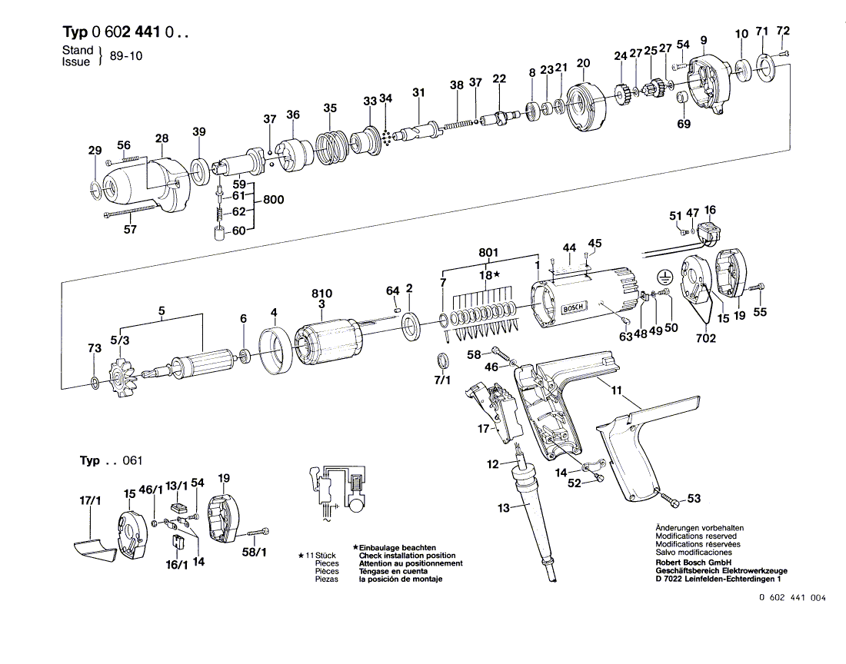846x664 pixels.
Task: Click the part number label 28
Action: [162, 138]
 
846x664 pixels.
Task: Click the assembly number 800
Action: [273, 200]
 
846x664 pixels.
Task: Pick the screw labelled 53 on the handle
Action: [669, 498]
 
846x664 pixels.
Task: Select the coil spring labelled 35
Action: [331, 144]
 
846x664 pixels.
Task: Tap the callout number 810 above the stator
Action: [322, 294]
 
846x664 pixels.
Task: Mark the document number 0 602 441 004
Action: [791, 598]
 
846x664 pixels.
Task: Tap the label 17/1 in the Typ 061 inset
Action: [91, 501]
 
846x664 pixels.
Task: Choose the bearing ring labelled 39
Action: [199, 171]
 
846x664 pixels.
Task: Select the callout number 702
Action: [706, 337]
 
